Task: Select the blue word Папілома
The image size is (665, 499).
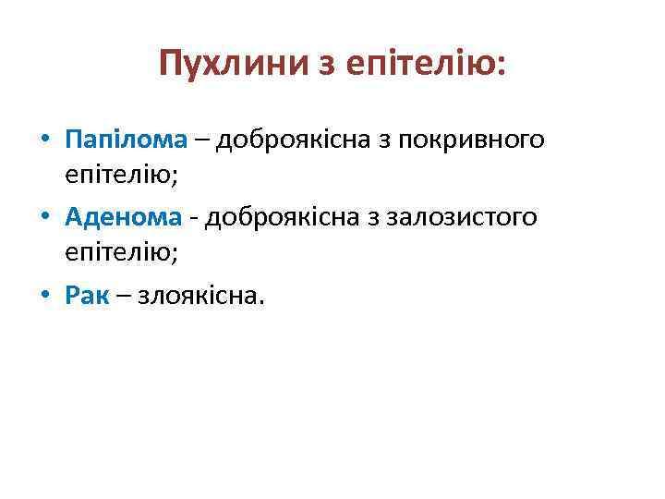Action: (127, 140)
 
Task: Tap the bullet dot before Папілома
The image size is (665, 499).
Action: (45, 141)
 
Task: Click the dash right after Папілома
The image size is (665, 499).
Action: (201, 141)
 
